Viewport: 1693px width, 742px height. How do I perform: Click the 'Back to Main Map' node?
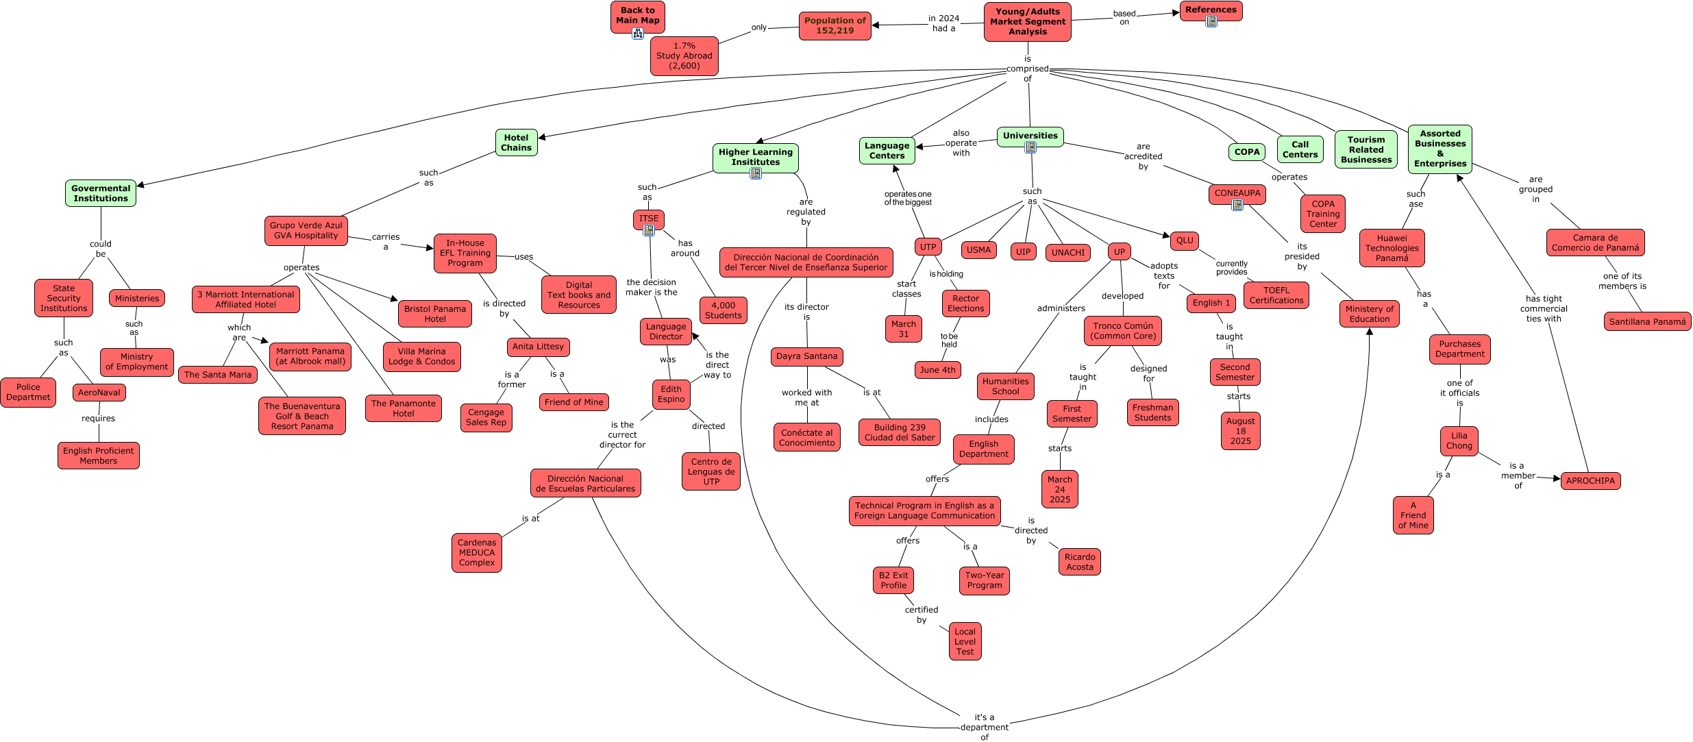coord(637,16)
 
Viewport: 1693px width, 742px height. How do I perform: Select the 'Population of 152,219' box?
coord(835,26)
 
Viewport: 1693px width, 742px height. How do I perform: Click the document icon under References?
coord(1211,21)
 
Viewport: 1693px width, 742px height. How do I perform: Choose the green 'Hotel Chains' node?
coord(516,143)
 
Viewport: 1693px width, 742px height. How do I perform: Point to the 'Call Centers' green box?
coord(1300,149)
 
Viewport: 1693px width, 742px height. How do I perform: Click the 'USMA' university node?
coord(978,250)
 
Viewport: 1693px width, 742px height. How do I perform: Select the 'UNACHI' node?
coord(1068,253)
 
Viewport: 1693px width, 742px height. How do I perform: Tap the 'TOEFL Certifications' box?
coord(1276,295)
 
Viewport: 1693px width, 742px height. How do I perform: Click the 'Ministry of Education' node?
coord(1369,314)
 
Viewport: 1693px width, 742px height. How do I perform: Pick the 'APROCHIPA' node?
coord(1590,481)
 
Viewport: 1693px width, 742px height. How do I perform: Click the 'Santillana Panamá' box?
coord(1647,322)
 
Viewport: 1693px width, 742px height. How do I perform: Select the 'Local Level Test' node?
coord(965,641)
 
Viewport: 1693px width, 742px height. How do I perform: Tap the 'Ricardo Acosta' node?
coord(1080,562)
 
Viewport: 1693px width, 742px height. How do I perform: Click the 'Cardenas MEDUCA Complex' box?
coord(477,552)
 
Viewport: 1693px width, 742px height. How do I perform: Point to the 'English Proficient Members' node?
coord(99,456)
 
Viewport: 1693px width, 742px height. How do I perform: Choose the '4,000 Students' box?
coord(723,310)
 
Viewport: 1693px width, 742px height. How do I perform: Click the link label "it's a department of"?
coord(984,727)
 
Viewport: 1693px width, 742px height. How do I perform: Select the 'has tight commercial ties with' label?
coord(1543,308)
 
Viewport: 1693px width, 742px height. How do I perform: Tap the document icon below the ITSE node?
coord(649,231)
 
